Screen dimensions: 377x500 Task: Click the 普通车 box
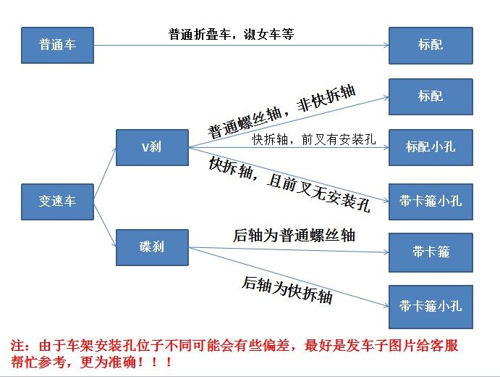click(57, 44)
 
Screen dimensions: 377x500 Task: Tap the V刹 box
click(152, 147)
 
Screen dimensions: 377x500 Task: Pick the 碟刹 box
click(152, 246)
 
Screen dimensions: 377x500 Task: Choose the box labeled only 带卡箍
click(431, 251)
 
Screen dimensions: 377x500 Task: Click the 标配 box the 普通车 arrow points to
click(431, 44)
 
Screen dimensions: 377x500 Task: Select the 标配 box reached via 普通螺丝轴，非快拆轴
click(431, 96)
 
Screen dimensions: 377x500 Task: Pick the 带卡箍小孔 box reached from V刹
click(431, 200)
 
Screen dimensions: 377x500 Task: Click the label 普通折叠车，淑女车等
click(231, 34)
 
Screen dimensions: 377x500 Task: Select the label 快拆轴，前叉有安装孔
click(313, 139)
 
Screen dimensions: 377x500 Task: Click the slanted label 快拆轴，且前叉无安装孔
click(289, 184)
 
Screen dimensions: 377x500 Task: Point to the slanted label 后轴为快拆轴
click(287, 289)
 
